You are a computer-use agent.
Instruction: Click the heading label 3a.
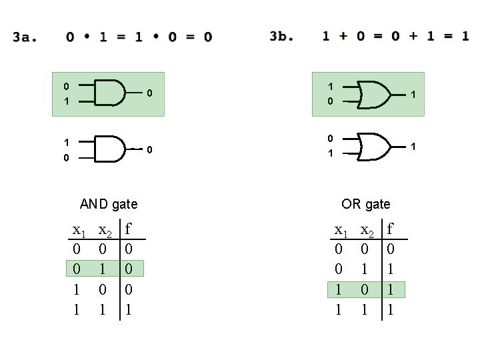[x=24, y=37]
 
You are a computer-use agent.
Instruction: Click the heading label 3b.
[x=281, y=36]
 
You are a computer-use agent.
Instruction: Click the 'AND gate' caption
[x=109, y=204]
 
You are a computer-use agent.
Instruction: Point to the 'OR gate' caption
[x=365, y=204]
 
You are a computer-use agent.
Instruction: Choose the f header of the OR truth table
[x=391, y=230]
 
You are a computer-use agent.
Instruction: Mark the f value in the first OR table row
[x=391, y=249]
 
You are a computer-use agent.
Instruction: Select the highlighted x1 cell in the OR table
[x=339, y=289]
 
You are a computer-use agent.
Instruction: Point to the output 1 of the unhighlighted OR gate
[x=414, y=145]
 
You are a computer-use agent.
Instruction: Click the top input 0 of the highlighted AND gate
[x=65, y=86]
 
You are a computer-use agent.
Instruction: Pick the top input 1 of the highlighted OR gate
[x=331, y=86]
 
